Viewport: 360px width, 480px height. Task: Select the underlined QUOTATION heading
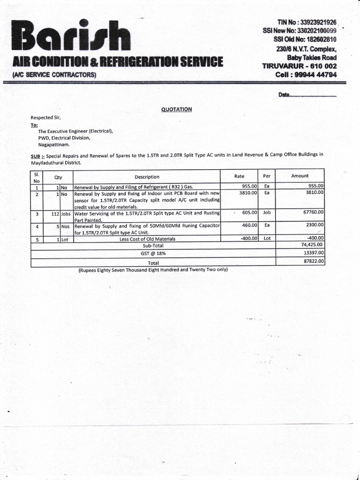pos(177,109)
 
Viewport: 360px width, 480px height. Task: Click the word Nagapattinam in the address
pos(54,145)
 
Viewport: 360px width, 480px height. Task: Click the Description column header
pos(147,177)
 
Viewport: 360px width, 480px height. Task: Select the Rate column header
pos(239,176)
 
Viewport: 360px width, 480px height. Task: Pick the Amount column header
pos(300,176)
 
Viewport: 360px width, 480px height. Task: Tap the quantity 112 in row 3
pos(54,213)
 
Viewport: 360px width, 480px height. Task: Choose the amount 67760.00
pos(314,212)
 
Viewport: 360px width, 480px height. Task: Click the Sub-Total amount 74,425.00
pos(313,245)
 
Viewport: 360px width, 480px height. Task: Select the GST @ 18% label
pos(153,253)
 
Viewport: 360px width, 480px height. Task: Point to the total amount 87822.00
pos(314,261)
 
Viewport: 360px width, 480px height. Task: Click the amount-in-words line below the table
pos(153,270)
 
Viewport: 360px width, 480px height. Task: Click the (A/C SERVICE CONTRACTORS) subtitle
pos(54,75)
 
